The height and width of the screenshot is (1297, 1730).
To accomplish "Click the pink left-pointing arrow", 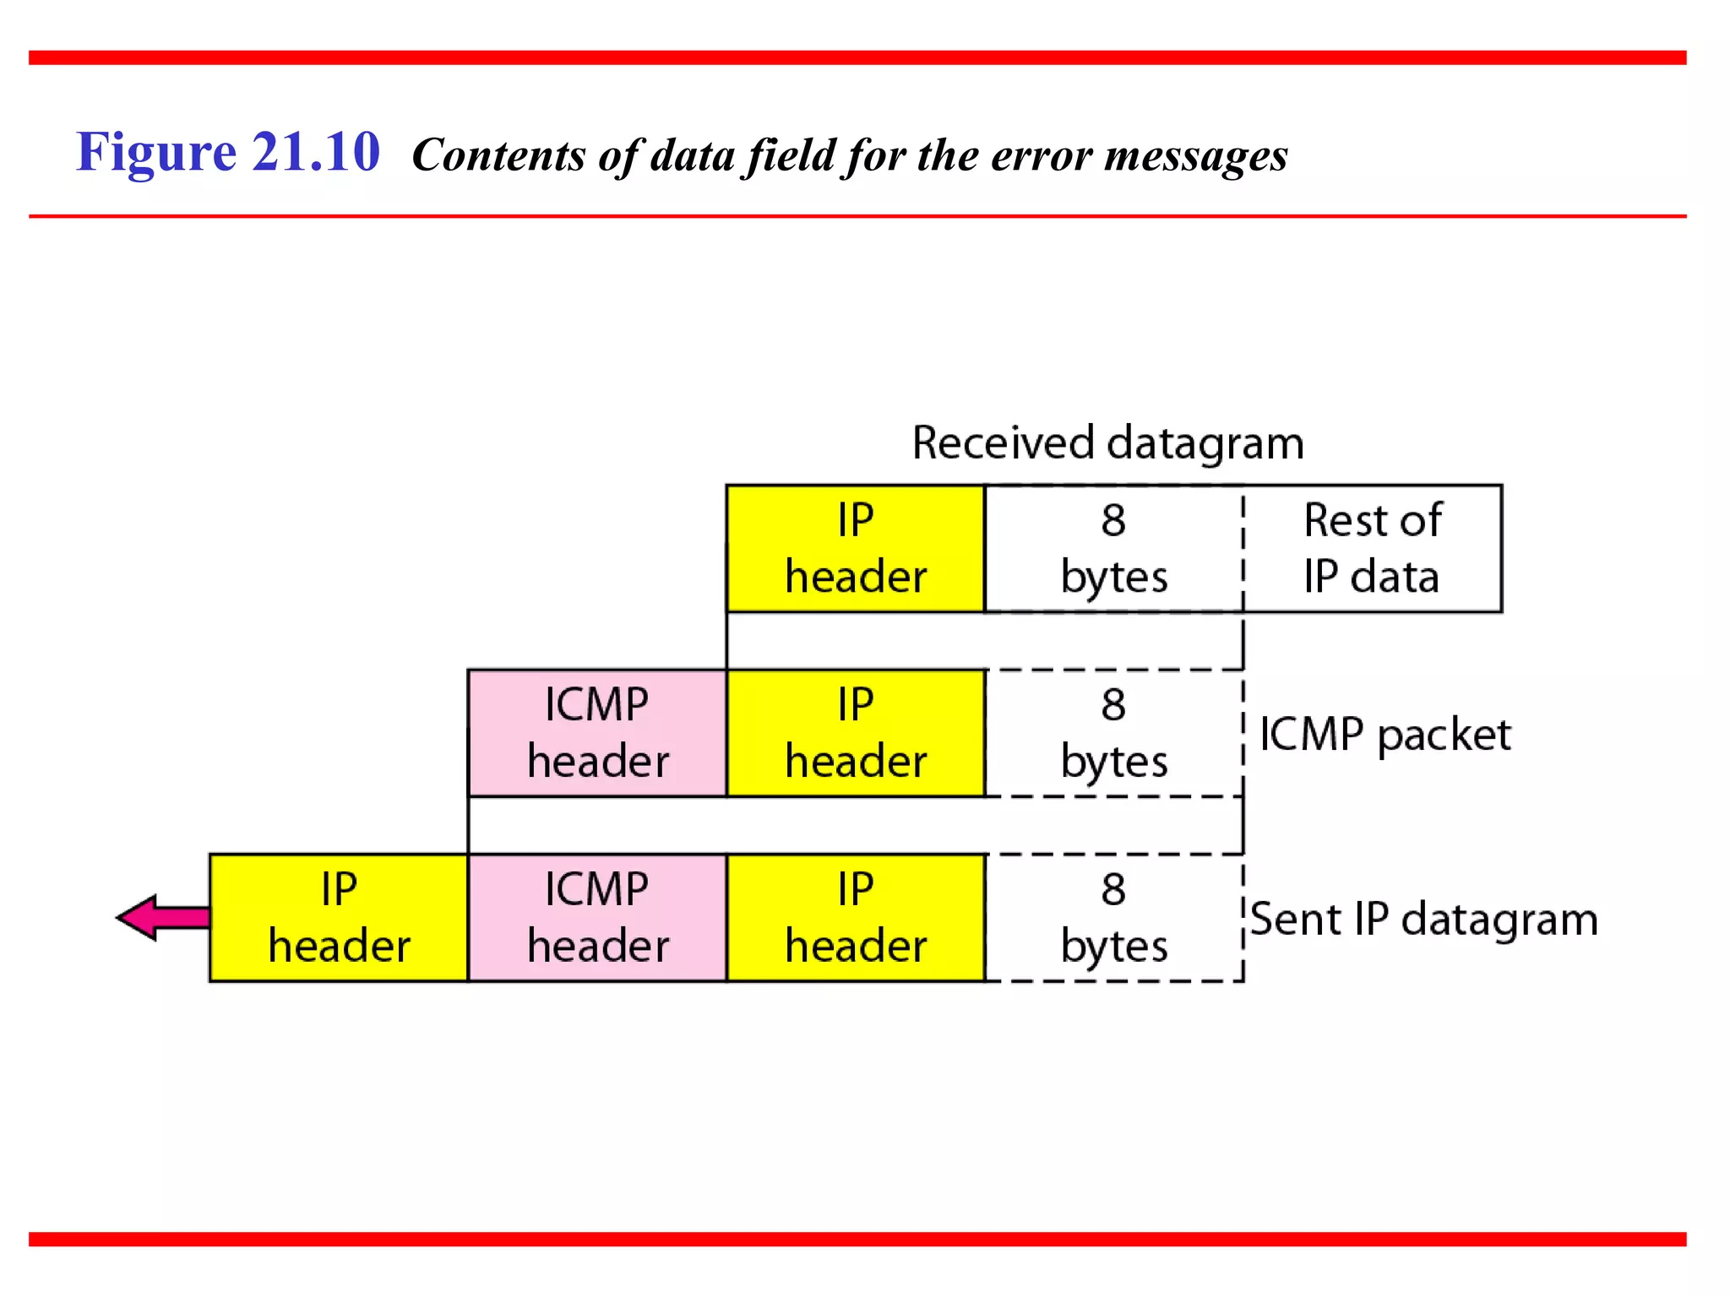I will coord(160,917).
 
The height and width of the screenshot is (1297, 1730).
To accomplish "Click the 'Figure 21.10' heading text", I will coord(228,152).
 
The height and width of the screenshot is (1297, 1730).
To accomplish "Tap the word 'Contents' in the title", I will coord(498,155).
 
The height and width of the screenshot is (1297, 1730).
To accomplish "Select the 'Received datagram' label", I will coord(1107,443).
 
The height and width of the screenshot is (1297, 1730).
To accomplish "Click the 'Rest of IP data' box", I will coord(1373,548).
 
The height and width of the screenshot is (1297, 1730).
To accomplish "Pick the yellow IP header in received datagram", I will coord(855,548).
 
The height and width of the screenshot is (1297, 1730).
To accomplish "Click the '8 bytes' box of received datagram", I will coord(1113,548).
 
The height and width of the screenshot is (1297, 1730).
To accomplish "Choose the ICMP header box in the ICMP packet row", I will coord(596,733).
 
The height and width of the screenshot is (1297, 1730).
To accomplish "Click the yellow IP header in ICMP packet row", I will coord(855,733).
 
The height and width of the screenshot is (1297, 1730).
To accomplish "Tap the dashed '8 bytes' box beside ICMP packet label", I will coord(1113,733).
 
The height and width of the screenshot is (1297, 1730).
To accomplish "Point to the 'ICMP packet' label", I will coord(1385,734).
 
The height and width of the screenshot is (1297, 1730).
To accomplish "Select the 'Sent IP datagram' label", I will coord(1423,919).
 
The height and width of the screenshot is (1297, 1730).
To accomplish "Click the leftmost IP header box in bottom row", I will coord(338,918).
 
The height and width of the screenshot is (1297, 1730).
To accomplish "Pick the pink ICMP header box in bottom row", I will coord(596,918).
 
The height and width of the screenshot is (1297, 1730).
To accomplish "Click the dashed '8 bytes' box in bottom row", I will coord(1113,918).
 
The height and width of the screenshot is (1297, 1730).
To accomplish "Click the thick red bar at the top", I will coord(857,57).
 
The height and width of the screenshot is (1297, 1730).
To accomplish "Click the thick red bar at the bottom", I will coord(857,1239).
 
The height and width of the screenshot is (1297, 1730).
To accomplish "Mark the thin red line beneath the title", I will coord(857,216).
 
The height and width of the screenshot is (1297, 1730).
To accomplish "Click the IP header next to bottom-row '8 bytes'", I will coord(855,918).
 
